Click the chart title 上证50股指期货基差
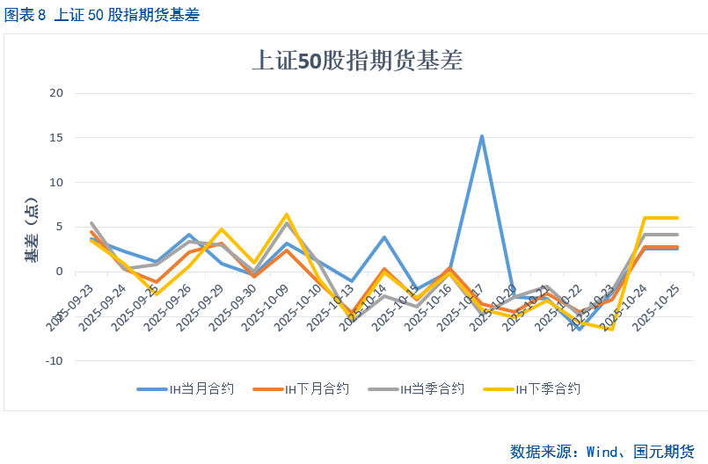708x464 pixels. click(357, 61)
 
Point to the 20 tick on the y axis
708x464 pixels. click(57, 93)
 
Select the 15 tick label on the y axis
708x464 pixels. click(57, 138)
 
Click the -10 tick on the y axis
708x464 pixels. click(55, 360)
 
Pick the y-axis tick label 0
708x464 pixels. click(60, 272)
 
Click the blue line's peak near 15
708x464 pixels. click(482, 136)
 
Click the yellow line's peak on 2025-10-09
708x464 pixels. click(287, 214)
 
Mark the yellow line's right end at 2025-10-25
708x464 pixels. click(677, 218)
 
